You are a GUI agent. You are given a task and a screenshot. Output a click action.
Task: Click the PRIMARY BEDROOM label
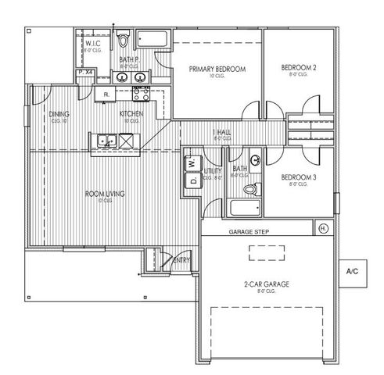pos(217,70)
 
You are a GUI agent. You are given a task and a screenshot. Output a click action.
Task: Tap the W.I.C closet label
pos(93,45)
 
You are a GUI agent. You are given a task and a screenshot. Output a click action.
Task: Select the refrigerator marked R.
pos(106,95)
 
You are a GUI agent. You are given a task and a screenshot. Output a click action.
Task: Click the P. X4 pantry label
pos(85,73)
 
